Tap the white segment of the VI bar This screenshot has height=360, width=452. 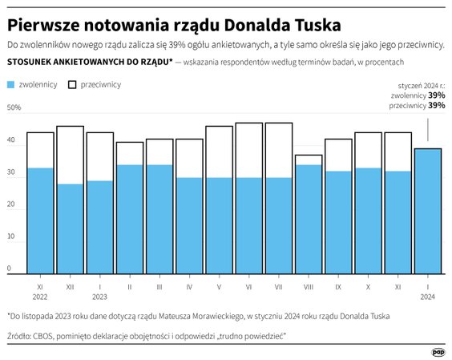tap(249, 150)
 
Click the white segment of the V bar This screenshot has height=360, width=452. tap(220, 152)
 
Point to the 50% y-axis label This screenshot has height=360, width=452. tap(14, 107)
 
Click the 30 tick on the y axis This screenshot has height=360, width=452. tap(11, 172)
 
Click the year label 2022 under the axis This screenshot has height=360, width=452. tap(40, 296)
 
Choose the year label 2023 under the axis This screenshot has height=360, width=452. tap(99, 296)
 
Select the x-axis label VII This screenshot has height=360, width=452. tap(278, 285)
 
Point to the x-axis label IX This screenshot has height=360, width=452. tap(338, 285)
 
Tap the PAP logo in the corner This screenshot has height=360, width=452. tap(438, 351)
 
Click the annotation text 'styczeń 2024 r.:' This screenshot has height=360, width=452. tap(422, 85)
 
